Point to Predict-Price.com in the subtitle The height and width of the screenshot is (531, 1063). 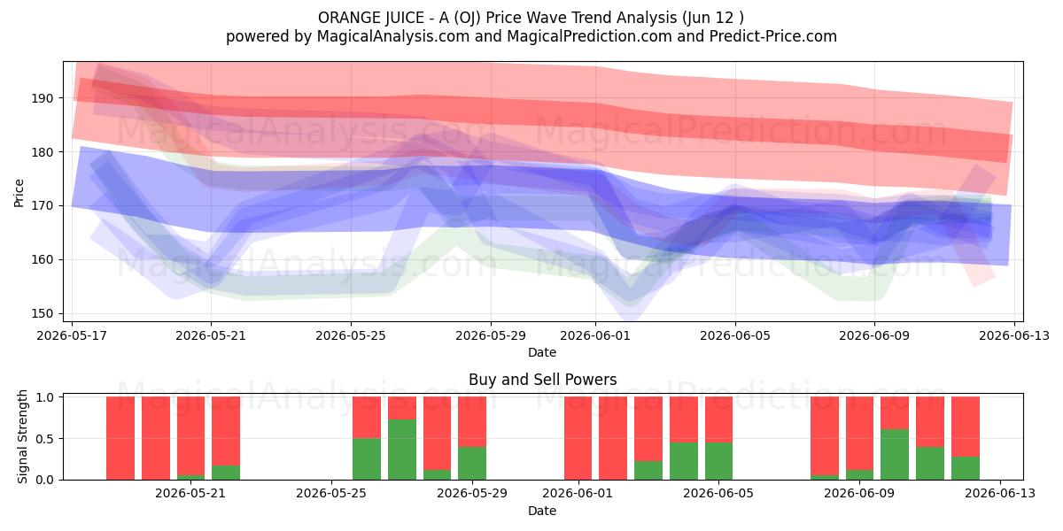tap(773, 36)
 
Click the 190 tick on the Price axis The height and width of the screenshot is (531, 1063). tap(43, 98)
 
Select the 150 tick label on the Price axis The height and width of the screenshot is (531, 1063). tap(43, 314)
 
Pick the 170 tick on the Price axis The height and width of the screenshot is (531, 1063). tap(43, 206)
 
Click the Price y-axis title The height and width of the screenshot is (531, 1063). tap(19, 193)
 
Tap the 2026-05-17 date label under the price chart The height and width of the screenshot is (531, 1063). tap(72, 335)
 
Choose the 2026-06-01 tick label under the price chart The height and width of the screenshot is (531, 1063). tap(595, 335)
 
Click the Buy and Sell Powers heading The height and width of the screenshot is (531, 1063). tap(542, 380)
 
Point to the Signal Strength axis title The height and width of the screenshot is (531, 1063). tap(22, 436)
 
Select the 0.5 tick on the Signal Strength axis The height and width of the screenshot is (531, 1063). tap(46, 439)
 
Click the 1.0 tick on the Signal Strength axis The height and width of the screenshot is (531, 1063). tap(46, 397)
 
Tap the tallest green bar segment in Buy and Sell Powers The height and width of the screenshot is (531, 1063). tap(402, 450)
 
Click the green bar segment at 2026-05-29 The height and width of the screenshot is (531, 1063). tap(472, 463)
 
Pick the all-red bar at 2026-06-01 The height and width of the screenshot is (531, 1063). tap(578, 438)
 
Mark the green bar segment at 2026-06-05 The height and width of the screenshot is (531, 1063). tap(718, 461)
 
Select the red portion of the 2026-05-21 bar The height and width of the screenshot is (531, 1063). tap(190, 435)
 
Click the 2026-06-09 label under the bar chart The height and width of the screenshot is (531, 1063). tap(859, 494)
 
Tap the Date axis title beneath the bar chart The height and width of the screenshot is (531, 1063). tap(542, 511)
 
